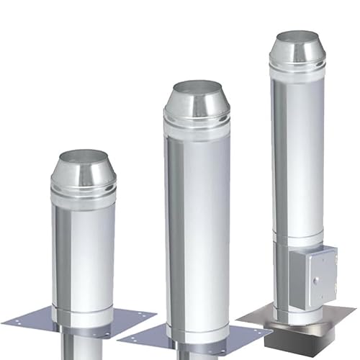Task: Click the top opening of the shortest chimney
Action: click(83, 156)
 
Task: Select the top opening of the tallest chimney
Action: click(297, 37)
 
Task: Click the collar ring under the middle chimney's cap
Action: click(197, 121)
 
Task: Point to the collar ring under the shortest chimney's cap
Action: click(83, 189)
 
